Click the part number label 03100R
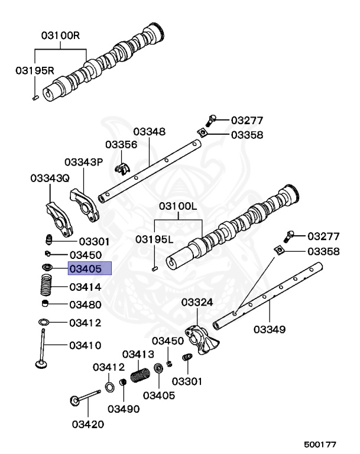pos(60,35)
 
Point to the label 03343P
pos(83,161)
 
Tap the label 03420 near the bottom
pos(88,424)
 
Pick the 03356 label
pos(121,145)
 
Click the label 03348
pos(149,131)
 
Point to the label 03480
pos(86,305)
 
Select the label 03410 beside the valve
pos(86,345)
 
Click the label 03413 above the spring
pos(138,354)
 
